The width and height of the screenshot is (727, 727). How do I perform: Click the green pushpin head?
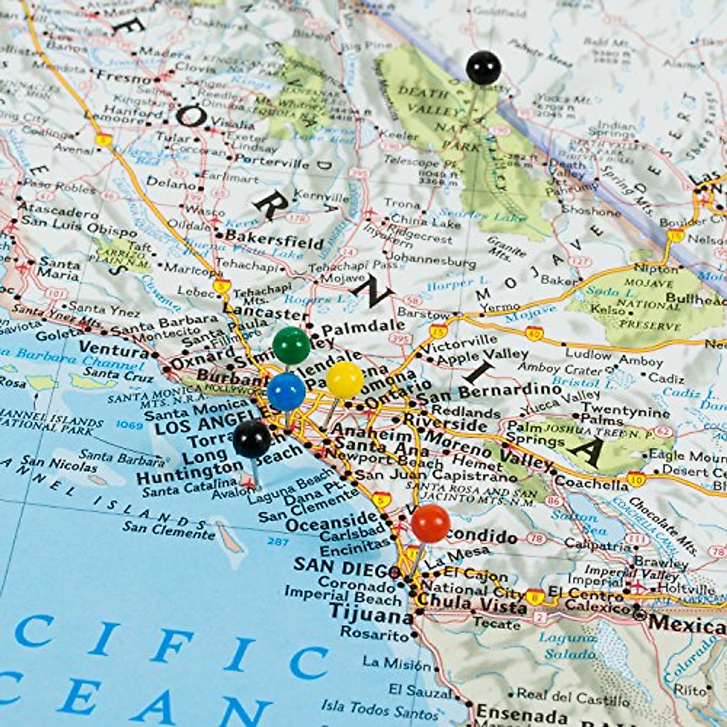pyautogui.click(x=291, y=345)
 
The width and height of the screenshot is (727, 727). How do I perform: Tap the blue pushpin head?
pyautogui.click(x=286, y=391)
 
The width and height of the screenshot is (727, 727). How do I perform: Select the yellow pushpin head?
pyautogui.click(x=345, y=380)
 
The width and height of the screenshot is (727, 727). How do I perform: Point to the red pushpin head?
pyautogui.click(x=431, y=523)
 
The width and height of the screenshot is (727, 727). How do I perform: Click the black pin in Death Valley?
pyautogui.click(x=483, y=68)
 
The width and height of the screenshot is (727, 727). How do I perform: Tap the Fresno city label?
pyautogui.click(x=124, y=78)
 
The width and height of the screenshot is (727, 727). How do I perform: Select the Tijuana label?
pyautogui.click(x=371, y=615)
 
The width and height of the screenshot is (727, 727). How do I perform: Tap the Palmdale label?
pyautogui.click(x=363, y=328)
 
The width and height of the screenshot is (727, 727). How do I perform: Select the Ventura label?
pyautogui.click(x=114, y=349)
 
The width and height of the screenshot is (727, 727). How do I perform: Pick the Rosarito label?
pyautogui.click(x=374, y=634)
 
